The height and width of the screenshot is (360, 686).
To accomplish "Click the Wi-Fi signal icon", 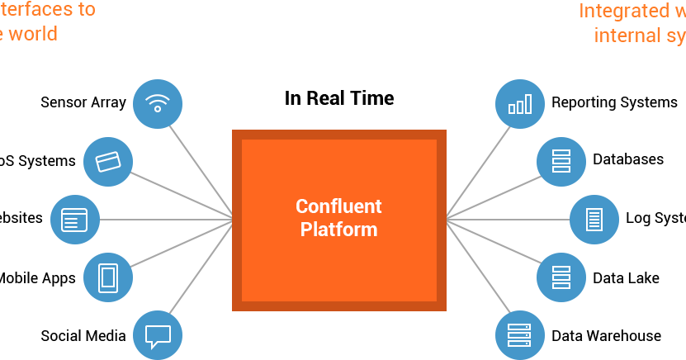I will click(157, 104).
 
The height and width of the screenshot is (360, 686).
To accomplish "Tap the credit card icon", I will click(108, 162).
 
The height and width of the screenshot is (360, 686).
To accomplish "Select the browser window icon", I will click(75, 220).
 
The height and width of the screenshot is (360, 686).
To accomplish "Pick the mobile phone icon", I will click(108, 277).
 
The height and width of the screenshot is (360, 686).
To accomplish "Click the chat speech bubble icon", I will click(157, 335).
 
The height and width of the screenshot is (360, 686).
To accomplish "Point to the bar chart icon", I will click(520, 104).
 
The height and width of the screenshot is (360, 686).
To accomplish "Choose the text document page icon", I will click(594, 220).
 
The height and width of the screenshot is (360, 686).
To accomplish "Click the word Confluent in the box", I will click(338, 206).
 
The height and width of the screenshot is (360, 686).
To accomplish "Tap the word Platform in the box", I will click(338, 230).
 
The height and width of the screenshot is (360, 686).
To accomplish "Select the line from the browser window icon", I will click(165, 220).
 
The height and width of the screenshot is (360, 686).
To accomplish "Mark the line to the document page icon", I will click(508, 220).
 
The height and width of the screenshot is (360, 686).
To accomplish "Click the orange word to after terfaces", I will click(85, 10).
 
